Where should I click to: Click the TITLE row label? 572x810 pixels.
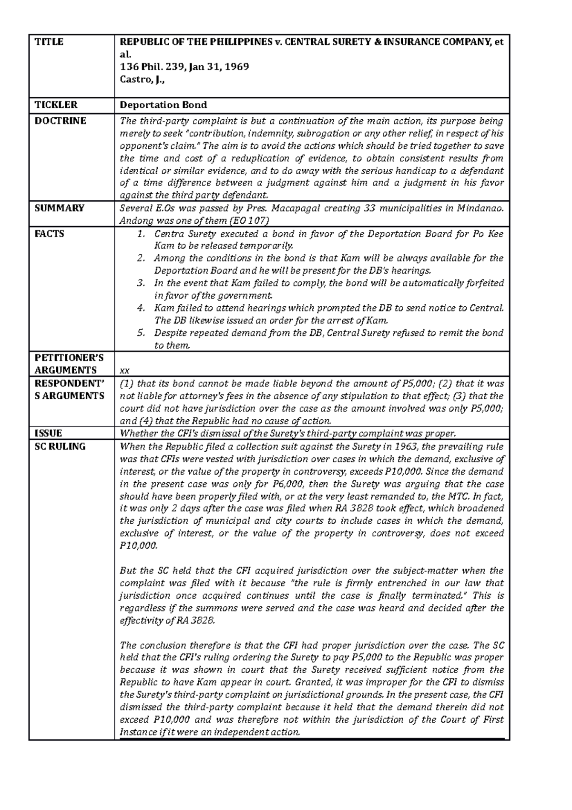[49, 42]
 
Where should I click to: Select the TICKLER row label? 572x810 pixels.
[55, 105]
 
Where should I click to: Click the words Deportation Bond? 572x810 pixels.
[163, 105]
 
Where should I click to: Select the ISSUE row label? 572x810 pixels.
[49, 434]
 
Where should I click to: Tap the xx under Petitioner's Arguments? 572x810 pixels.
[124, 371]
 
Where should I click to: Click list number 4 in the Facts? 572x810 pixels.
[141, 308]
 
